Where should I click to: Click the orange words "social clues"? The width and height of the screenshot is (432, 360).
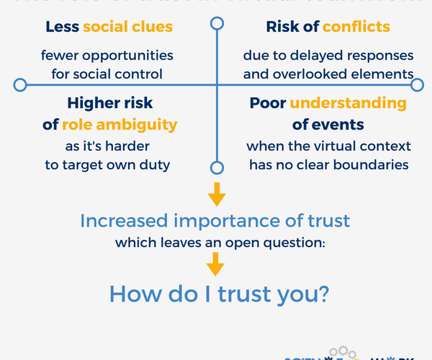click(x=128, y=27)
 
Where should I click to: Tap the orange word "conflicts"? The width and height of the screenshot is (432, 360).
click(x=356, y=27)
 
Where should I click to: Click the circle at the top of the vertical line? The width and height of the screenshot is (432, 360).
click(x=216, y=24)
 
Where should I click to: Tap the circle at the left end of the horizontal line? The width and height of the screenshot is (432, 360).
click(x=20, y=85)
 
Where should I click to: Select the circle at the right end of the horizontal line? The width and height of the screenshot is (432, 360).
click(x=418, y=85)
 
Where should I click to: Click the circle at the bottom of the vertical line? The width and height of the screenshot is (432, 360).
click(x=216, y=168)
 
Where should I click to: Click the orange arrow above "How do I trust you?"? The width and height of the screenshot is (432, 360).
click(x=216, y=267)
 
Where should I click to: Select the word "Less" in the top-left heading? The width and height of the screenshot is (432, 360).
click(x=63, y=27)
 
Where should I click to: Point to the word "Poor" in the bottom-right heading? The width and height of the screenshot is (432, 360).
click(x=268, y=103)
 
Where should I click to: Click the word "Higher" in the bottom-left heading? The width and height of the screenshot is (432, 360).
click(x=94, y=103)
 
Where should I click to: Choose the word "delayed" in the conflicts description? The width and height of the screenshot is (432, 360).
click(x=311, y=55)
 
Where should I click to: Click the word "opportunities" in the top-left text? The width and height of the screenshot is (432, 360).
click(x=128, y=55)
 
